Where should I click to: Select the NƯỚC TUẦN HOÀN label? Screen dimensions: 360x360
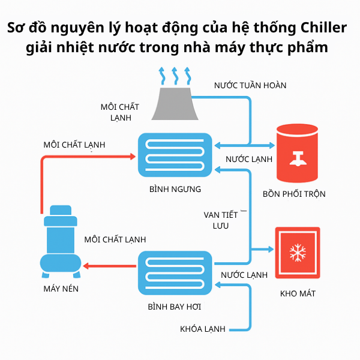click(250, 85)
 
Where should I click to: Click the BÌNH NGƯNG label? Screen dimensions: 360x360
click(175, 189)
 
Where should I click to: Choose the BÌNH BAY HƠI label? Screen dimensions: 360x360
click(174, 307)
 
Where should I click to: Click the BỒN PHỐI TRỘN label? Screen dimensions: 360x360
click(294, 194)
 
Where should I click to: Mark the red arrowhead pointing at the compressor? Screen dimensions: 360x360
click(87, 265)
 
